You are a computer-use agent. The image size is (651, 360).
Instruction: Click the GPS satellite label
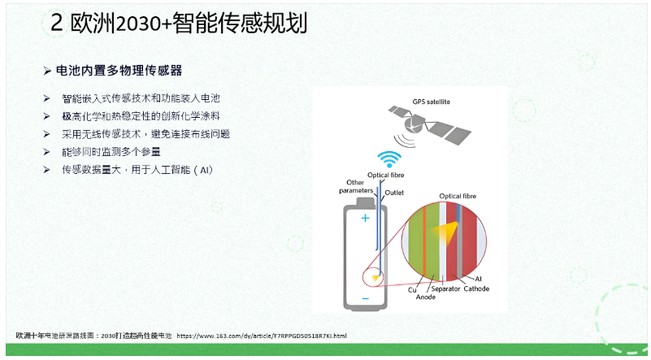[x=431, y=102]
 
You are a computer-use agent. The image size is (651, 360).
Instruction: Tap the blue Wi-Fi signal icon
[x=389, y=159]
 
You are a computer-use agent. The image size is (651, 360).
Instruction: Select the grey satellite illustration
[x=430, y=125]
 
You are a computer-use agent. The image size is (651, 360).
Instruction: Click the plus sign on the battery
[x=366, y=218]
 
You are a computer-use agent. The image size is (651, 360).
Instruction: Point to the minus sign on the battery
[x=366, y=298]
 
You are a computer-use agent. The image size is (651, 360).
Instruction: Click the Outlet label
[x=394, y=193]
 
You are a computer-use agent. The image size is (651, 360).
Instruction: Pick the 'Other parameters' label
[x=356, y=186]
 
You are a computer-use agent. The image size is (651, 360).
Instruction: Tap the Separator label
[x=445, y=288]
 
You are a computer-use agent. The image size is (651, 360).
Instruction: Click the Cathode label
[x=476, y=288]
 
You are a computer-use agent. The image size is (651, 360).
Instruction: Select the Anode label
[x=426, y=297]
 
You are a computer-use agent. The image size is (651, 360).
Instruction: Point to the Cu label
[x=412, y=290]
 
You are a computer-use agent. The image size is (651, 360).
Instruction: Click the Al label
[x=478, y=279]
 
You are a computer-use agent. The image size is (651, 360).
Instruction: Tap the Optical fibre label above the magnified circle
[x=458, y=196]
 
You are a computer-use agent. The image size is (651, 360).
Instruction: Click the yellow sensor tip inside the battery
[x=375, y=278]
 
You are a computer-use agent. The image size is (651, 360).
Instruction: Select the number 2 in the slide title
[x=56, y=23]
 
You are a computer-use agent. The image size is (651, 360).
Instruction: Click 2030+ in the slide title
[x=144, y=24]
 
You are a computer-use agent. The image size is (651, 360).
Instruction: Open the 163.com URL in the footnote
[x=262, y=336]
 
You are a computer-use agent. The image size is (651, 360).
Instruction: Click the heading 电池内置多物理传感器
[x=119, y=71]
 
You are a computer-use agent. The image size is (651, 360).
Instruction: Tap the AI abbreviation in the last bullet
[x=204, y=170]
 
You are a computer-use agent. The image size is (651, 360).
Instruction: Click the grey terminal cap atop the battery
[x=366, y=202]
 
